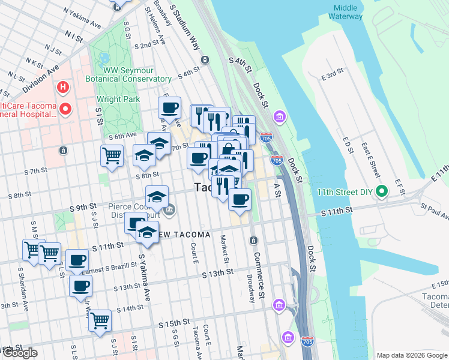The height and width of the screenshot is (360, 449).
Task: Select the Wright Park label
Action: (118, 99)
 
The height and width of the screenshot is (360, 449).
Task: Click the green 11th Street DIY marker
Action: (381, 193)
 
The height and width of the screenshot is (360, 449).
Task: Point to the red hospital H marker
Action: (61, 88)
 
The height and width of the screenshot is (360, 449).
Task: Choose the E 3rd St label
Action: (332, 74)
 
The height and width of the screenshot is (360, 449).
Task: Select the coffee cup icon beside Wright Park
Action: (169, 108)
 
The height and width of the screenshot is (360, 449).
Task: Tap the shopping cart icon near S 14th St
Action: (100, 319)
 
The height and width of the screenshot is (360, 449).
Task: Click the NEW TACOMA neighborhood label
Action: (183, 234)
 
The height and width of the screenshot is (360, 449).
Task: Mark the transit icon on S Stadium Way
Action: (205, 60)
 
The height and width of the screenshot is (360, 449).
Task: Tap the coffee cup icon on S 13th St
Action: (80, 286)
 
